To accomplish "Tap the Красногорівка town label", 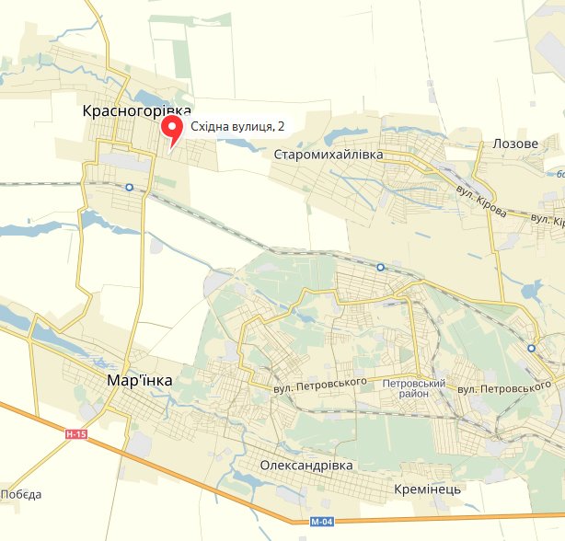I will (x=136, y=110).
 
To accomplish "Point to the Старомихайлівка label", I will (x=329, y=154).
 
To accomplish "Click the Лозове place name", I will (x=515, y=144).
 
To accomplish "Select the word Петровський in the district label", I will (x=414, y=382).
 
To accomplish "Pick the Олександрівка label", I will (x=306, y=466).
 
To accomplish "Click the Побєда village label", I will (x=21, y=495).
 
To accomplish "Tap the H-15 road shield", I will (x=75, y=433).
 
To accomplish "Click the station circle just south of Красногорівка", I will (x=129, y=187).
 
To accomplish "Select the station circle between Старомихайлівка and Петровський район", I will (x=380, y=267).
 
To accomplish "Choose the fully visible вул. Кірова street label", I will (x=481, y=201).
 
